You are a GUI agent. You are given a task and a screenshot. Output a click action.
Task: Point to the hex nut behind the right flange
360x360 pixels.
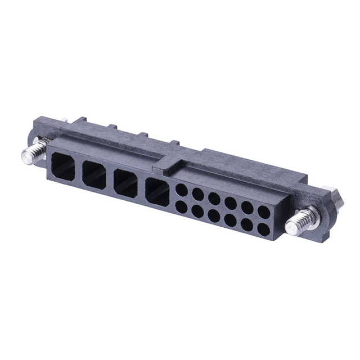pyautogui.click(x=336, y=198)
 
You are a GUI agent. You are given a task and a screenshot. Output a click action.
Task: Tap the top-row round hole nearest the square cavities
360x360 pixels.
pyautogui.click(x=182, y=190)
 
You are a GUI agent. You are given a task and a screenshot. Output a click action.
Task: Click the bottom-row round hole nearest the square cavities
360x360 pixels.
pyautogui.click(x=181, y=206)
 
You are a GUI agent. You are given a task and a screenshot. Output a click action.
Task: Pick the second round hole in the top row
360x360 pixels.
pyautogui.click(x=198, y=194)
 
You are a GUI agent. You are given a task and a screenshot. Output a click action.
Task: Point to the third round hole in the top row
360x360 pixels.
pyautogui.click(x=214, y=199)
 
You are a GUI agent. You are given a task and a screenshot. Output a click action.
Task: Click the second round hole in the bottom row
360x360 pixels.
pyautogui.click(x=197, y=210)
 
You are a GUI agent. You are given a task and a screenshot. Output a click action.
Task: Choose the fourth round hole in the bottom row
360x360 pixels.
pyautogui.click(x=230, y=219)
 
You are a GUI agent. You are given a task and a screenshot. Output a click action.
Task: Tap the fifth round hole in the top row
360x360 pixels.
pyautogui.click(x=247, y=207)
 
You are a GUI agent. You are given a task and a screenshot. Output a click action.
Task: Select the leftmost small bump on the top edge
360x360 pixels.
pyautogui.click(x=80, y=120)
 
